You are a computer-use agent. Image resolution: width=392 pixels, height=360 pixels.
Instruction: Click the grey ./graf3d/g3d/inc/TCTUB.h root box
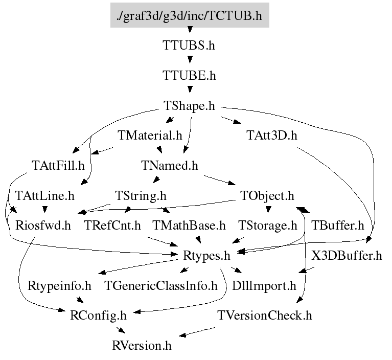pyautogui.click(x=189, y=15)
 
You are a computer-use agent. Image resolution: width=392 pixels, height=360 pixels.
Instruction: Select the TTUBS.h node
pyautogui.click(x=189, y=45)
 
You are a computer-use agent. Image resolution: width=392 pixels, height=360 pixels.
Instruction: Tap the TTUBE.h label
pyautogui.click(x=189, y=75)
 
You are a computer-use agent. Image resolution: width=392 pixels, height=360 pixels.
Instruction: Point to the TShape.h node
pyautogui.click(x=189, y=106)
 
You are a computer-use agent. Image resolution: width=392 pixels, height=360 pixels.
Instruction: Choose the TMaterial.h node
pyautogui.click(x=150, y=136)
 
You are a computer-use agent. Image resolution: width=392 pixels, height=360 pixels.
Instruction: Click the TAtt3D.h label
pyautogui.click(x=271, y=136)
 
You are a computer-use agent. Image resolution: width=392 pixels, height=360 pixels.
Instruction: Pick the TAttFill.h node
pyautogui.click(x=57, y=166)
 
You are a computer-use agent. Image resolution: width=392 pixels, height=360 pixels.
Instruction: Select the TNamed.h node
pyautogui.click(x=169, y=166)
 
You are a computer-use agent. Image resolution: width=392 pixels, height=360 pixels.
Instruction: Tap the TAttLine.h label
pyautogui.click(x=45, y=195)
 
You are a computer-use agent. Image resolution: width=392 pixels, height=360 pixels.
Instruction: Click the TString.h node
pyautogui.click(x=141, y=195)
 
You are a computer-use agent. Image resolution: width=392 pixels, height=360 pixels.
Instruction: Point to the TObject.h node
pyautogui.click(x=267, y=195)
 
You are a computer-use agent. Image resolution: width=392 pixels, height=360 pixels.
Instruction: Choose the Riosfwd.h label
pyautogui.click(x=43, y=225)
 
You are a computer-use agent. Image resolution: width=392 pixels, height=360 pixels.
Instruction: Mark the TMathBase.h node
pyautogui.click(x=189, y=225)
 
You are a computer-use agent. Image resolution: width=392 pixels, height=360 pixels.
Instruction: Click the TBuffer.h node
pyautogui.click(x=337, y=225)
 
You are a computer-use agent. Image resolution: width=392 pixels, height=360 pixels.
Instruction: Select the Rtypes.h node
pyautogui.click(x=206, y=255)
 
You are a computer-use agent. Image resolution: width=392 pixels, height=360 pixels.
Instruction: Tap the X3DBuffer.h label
pyautogui.click(x=347, y=256)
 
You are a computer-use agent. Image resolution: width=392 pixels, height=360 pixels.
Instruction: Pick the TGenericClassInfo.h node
pyautogui.click(x=161, y=285)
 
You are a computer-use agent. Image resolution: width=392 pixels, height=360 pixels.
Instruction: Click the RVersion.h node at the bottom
pyautogui.click(x=142, y=345)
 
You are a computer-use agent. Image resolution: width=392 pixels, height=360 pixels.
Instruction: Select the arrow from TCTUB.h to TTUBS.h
pyautogui.click(x=189, y=31)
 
